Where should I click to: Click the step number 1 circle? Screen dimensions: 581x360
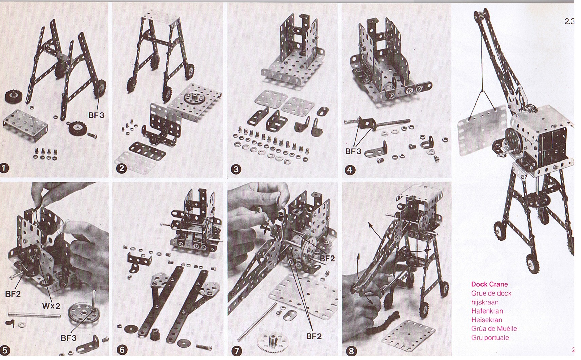5,169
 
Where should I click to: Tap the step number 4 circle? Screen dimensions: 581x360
350,170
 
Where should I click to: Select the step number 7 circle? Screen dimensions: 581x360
236,351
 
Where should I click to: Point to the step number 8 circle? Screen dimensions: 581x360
351,351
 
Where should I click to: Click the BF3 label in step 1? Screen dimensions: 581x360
96,115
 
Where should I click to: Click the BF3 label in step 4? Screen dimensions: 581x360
353,151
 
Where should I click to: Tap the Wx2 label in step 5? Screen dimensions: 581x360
51,306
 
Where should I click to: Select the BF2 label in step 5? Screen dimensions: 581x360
13,294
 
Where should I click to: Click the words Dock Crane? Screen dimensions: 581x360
489,284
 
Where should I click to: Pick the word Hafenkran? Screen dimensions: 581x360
487,311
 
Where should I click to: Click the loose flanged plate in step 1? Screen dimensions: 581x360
25,125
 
